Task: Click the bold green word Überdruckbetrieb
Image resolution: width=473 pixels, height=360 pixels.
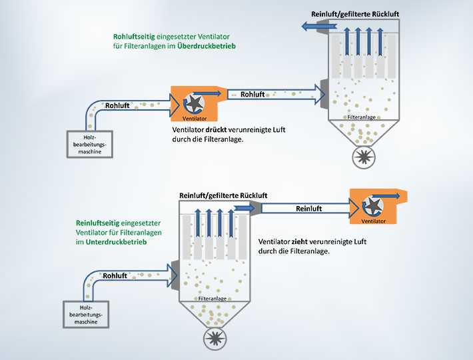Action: pos(207,46)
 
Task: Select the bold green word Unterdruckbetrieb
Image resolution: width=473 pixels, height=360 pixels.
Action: pos(116,242)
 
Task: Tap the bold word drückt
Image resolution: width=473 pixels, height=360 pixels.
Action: pos(216,130)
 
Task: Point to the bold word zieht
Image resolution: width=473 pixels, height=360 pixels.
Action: pos(300,242)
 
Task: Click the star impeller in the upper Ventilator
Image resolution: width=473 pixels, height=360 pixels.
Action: pos(195,103)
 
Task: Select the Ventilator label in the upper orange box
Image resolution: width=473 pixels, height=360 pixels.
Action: pos(195,119)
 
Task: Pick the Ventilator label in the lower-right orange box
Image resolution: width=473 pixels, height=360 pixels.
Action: pos(374,221)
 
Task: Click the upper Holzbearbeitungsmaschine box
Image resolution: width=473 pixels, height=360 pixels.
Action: pos(89,144)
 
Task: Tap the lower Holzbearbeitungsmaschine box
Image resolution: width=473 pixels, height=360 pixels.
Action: pos(86,315)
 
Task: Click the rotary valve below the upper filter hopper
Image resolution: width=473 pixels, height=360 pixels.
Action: pos(364,157)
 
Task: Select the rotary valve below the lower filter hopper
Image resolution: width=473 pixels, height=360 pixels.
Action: pos(215,339)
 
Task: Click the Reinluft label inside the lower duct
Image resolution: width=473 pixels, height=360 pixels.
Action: pos(308,209)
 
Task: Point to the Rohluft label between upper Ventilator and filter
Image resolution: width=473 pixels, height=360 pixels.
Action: pos(252,95)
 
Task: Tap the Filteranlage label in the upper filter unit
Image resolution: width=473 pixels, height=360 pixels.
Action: pos(361,117)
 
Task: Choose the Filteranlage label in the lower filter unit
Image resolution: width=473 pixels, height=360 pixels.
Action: pos(213,299)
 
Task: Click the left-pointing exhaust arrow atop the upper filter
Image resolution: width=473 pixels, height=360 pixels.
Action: pos(319,27)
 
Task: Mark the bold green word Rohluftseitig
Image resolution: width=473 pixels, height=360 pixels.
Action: pos(134,37)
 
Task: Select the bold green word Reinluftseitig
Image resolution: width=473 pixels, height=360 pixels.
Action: pos(97,223)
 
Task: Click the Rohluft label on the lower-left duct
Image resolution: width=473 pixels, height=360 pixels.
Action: pos(115,276)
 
